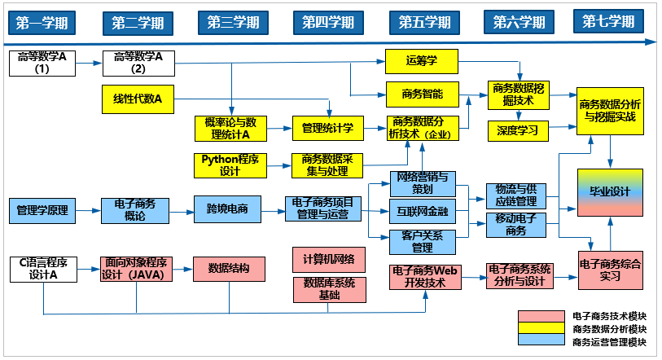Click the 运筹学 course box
(x=421, y=60)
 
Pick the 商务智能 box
(x=422, y=94)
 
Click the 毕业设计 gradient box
(x=610, y=192)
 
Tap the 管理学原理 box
(x=42, y=210)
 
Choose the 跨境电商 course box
(x=221, y=209)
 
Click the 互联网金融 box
(x=422, y=211)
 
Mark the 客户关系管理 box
(x=422, y=242)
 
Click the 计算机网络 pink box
(x=328, y=260)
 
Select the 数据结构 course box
(x=229, y=268)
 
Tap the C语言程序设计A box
(x=42, y=269)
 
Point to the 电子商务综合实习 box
(x=610, y=270)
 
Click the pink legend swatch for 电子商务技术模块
(x=541, y=315)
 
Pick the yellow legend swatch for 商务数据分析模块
(x=541, y=329)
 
